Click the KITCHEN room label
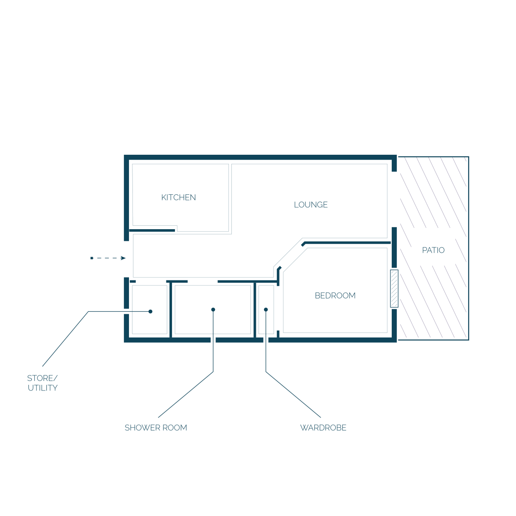click(x=178, y=197)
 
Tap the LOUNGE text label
click(x=310, y=205)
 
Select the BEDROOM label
click(x=335, y=295)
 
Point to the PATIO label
click(x=433, y=250)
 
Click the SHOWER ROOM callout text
click(x=156, y=427)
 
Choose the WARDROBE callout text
click(x=323, y=427)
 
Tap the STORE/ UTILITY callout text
click(x=42, y=383)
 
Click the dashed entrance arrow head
click(x=123, y=258)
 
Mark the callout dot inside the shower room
click(x=213, y=310)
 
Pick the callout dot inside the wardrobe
click(x=266, y=310)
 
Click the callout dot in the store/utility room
click(x=150, y=311)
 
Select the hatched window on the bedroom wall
click(x=394, y=289)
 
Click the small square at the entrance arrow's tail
click(x=92, y=258)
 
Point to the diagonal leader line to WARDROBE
click(x=293, y=394)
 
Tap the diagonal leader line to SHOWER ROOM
click(x=186, y=394)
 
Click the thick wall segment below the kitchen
click(x=152, y=230)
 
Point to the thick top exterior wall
click(x=260, y=157)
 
